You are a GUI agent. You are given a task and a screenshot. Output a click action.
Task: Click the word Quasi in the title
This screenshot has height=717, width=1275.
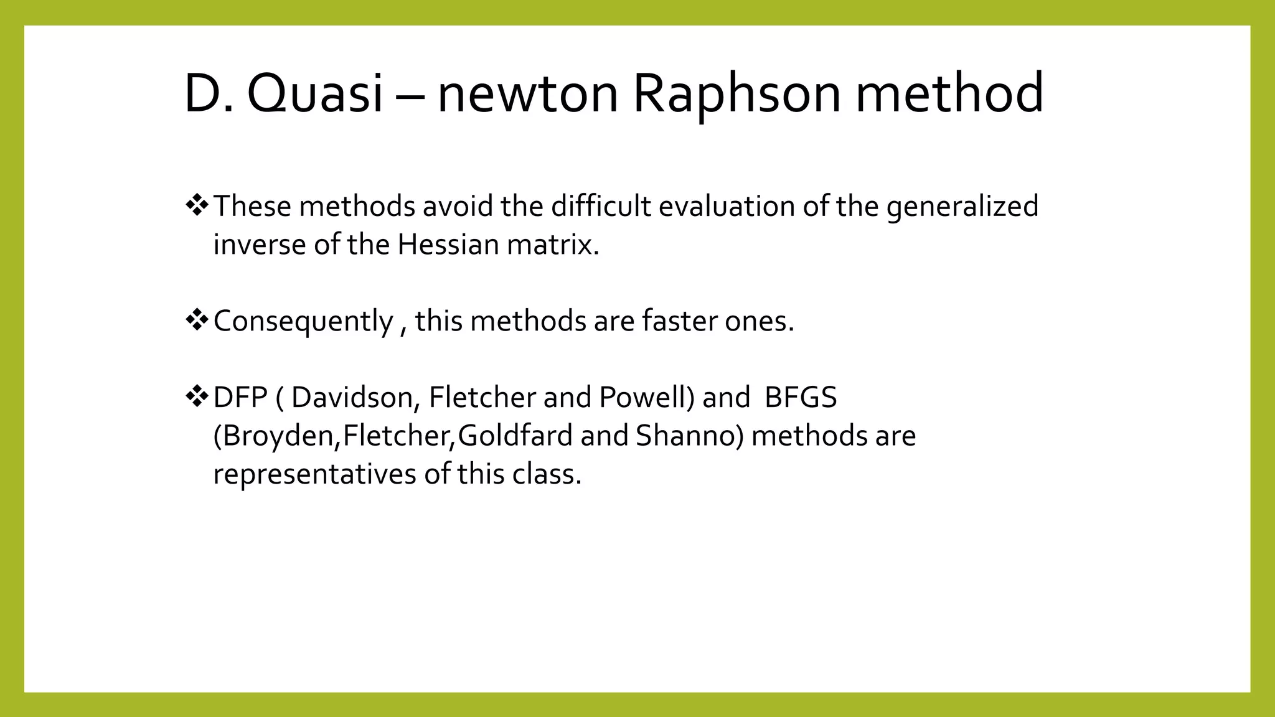315,93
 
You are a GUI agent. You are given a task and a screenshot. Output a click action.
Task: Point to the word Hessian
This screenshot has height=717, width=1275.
448,245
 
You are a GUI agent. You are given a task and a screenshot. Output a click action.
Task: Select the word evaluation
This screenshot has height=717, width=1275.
726,207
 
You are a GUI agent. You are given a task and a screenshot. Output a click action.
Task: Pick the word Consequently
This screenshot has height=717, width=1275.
303,322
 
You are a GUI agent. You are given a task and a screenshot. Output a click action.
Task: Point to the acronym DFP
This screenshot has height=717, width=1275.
240,398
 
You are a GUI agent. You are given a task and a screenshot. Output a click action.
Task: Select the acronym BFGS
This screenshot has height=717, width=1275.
801,398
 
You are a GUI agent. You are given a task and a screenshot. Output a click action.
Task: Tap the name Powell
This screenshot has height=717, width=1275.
647,398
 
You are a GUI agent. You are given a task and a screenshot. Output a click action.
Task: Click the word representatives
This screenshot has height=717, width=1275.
314,474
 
